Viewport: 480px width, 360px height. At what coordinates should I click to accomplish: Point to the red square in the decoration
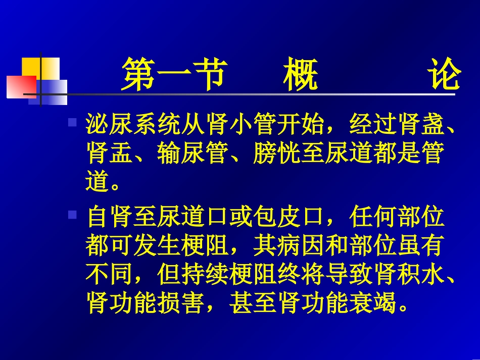20,86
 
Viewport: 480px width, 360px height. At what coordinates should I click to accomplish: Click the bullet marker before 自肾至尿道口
72,215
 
